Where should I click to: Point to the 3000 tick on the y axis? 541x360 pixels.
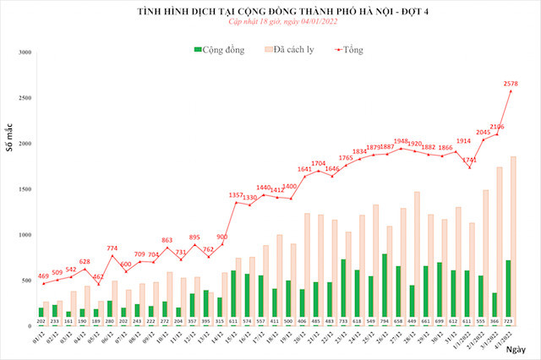pyautogui.click(x=25, y=52)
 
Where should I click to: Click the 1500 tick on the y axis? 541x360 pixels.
pyautogui.click(x=25, y=188)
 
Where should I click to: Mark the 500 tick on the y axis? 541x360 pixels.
pyautogui.click(x=27, y=280)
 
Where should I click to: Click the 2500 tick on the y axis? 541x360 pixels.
pyautogui.click(x=25, y=98)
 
